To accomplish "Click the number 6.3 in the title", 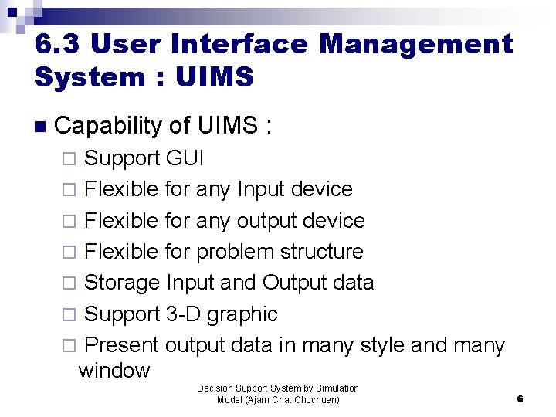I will click(x=58, y=44).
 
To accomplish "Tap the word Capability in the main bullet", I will click(x=107, y=125).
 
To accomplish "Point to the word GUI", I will click(x=185, y=158).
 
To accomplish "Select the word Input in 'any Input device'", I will click(x=261, y=189).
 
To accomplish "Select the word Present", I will click(x=121, y=345).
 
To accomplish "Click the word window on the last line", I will click(x=114, y=371).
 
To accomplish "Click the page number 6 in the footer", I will click(x=520, y=398).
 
